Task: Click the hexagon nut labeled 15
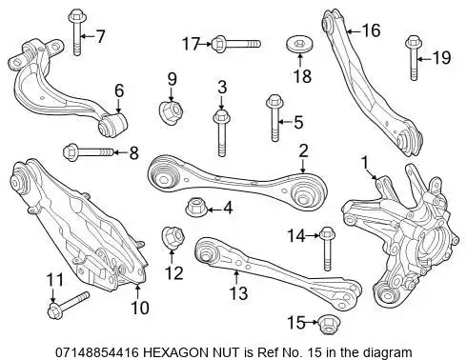[328, 324]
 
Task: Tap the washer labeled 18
[299, 45]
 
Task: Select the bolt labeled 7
[76, 31]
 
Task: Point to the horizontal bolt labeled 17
[235, 44]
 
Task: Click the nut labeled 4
[195, 207]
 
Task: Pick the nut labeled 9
[172, 111]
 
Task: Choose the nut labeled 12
[173, 237]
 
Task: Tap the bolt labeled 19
[413, 57]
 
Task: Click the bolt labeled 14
[327, 249]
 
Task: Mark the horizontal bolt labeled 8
[89, 152]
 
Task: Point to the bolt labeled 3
[222, 132]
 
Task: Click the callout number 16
[371, 30]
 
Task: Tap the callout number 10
[140, 308]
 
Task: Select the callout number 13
[238, 293]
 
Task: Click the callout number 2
[303, 150]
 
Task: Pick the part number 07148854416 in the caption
[97, 352]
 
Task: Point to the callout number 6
[119, 90]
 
